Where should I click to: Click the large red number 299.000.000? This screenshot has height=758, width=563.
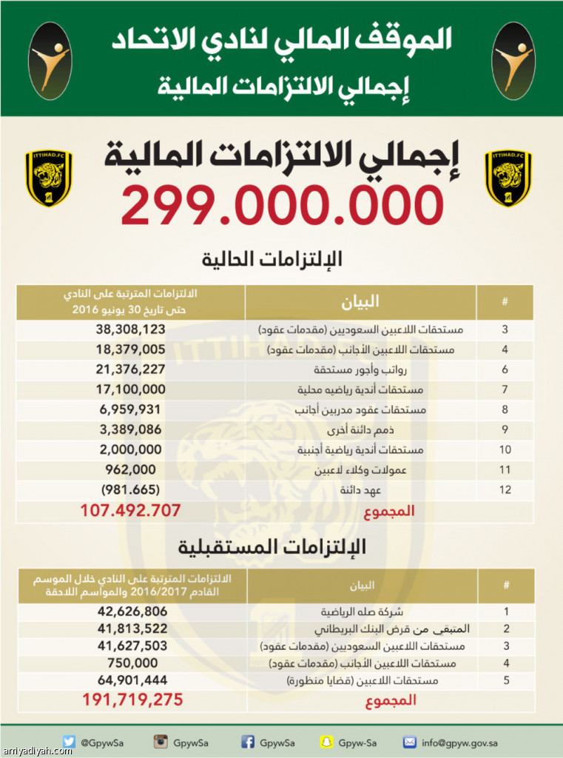[x=282, y=205]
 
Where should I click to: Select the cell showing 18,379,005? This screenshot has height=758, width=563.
[x=130, y=349]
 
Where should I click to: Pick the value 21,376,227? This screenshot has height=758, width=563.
[x=130, y=369]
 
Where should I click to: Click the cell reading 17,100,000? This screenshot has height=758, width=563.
[x=130, y=389]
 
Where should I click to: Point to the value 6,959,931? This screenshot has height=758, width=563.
[x=130, y=409]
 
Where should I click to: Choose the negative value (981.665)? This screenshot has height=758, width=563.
[x=130, y=489]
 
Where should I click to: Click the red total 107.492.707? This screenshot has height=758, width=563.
[x=130, y=511]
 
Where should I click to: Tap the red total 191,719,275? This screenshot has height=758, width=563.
[x=132, y=700]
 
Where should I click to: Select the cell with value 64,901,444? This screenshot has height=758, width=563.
[x=132, y=680]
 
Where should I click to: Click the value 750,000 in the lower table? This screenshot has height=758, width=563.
[x=132, y=663]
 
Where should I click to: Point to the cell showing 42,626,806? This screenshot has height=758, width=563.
[x=132, y=612]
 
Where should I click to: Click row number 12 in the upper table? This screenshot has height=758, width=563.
[x=505, y=489]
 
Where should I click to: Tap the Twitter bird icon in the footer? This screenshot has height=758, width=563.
[x=70, y=742]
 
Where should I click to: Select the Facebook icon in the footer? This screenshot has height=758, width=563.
[x=249, y=742]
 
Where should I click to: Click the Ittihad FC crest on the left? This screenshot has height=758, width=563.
[x=49, y=178]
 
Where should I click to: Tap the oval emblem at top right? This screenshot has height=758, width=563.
[x=513, y=61]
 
